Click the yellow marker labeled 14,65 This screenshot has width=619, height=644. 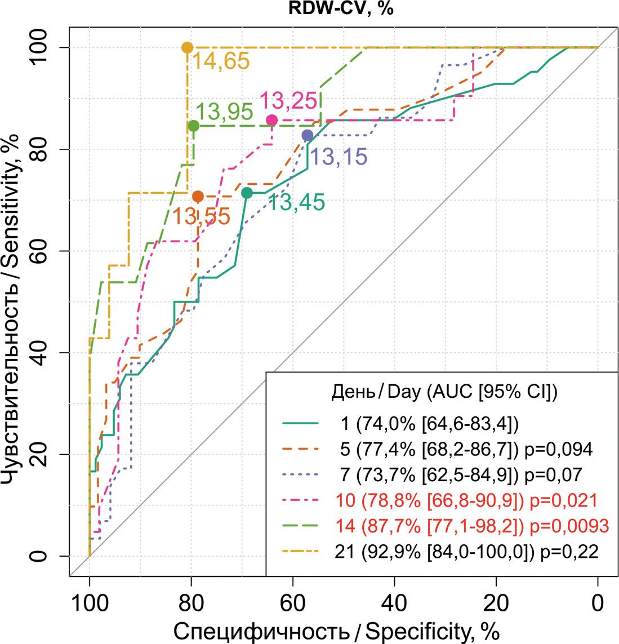coord(188,48)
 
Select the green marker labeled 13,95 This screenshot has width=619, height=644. coord(193,126)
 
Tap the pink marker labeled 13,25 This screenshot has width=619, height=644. coord(272,120)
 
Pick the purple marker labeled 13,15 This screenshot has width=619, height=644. coord(308,135)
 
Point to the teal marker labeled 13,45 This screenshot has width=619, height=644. coord(247,193)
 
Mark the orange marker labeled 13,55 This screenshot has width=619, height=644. coord(198,196)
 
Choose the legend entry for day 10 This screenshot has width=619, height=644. coord(465,500)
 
